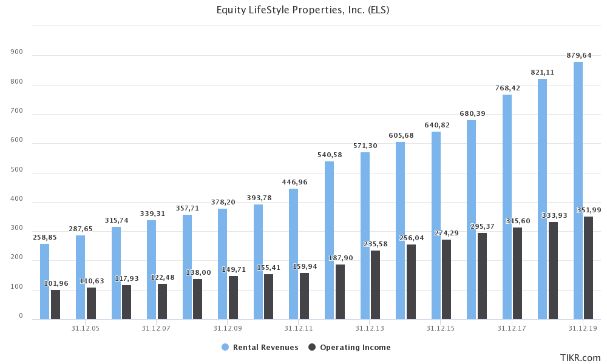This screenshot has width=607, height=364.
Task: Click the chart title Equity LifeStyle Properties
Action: point(303,10)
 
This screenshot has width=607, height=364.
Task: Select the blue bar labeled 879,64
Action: point(578,190)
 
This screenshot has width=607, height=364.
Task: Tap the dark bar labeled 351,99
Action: point(589,268)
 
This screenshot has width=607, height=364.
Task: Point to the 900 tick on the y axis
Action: point(17,52)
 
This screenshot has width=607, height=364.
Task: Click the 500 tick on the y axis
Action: point(17,170)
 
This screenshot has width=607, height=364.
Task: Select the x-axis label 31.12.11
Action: point(299,328)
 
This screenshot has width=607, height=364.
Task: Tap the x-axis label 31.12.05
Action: point(86,328)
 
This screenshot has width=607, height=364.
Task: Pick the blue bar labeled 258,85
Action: point(44,281)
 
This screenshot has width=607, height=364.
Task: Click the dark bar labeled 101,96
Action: point(55,305)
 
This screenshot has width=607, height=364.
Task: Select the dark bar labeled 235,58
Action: point(376,285)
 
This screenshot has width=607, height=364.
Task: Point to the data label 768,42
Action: point(507,89)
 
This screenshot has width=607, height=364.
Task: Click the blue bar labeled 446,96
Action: point(293,254)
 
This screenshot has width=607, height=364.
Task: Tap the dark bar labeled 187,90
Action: point(340,292)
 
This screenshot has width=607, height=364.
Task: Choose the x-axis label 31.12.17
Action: point(512,328)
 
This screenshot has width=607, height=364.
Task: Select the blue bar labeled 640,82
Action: point(436,225)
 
